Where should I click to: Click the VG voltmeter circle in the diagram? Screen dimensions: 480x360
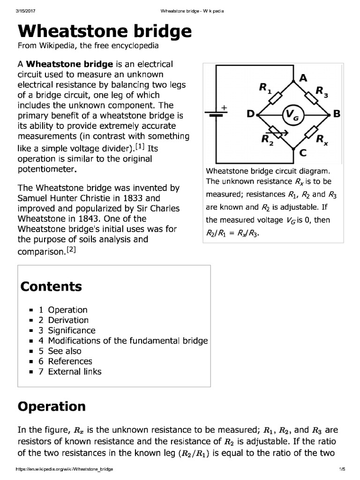[292, 114]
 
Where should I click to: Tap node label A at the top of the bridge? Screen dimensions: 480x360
[303, 79]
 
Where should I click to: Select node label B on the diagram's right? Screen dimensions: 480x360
[336, 114]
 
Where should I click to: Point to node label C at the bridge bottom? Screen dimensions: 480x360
[303, 152]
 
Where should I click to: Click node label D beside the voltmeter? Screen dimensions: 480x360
[251, 114]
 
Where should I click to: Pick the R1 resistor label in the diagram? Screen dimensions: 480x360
[265, 88]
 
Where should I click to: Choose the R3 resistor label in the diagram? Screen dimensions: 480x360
[322, 91]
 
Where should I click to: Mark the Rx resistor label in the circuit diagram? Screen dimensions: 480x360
[322, 139]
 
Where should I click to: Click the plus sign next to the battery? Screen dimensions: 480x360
[224, 107]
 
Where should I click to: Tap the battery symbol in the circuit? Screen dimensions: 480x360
[216, 115]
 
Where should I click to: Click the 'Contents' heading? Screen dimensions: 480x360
[51, 286]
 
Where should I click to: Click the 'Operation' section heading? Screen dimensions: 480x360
[52, 406]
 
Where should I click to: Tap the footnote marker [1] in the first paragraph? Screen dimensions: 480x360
[140, 147]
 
